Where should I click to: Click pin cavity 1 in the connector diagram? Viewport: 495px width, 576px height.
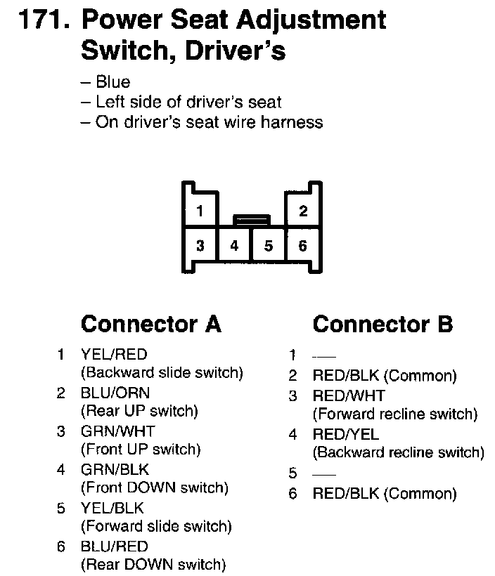200,210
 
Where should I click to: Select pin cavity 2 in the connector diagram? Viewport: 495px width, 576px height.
303,210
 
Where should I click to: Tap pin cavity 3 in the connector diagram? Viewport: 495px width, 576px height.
200,246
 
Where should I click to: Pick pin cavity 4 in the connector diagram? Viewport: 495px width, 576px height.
235,246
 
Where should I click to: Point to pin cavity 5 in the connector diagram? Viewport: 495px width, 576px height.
269,246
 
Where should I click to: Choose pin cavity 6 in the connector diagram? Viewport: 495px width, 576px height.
303,246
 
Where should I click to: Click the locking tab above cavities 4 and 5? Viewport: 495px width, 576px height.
251,220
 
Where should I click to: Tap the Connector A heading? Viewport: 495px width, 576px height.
151,324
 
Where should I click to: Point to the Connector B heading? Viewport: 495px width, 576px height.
382,324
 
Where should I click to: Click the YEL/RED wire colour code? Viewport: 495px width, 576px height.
114,355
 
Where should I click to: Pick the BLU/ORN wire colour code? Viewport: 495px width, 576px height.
115,393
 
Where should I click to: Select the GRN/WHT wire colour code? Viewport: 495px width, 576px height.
117,431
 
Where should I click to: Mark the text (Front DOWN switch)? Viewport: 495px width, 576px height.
155,487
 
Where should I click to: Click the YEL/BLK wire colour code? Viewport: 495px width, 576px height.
114,507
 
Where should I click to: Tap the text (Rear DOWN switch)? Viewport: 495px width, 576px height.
153,563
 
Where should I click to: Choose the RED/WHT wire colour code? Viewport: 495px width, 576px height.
349,396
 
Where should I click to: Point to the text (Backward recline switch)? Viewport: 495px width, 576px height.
398,452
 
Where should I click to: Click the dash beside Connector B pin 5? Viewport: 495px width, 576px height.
327,472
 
